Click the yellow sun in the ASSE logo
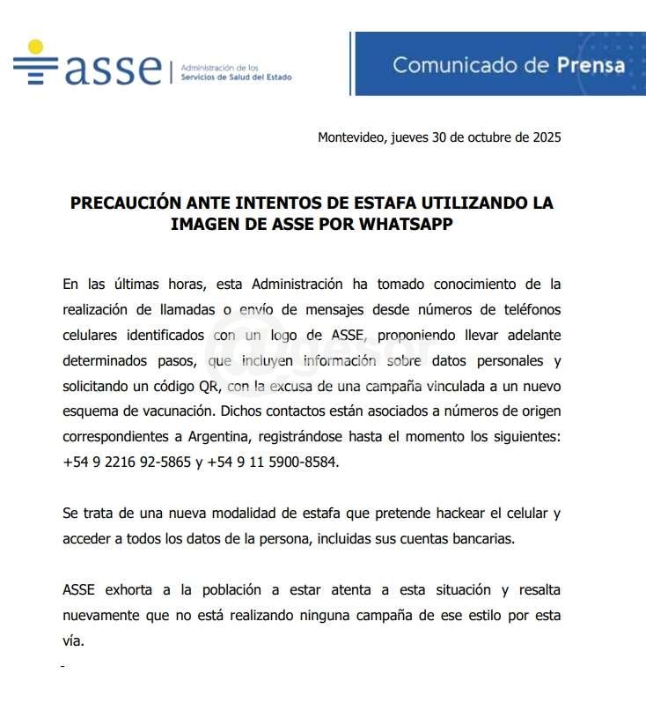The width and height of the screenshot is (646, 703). point(35,48)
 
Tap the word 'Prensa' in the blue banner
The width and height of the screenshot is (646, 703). point(591,64)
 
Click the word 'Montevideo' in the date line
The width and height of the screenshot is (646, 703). point(349,137)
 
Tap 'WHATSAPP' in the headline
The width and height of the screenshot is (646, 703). point(407,224)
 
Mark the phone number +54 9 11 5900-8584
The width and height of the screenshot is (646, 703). point(272,461)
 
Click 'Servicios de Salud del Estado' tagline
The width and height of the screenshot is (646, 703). point(235,77)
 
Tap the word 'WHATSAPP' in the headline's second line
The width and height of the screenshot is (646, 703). point(407,224)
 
